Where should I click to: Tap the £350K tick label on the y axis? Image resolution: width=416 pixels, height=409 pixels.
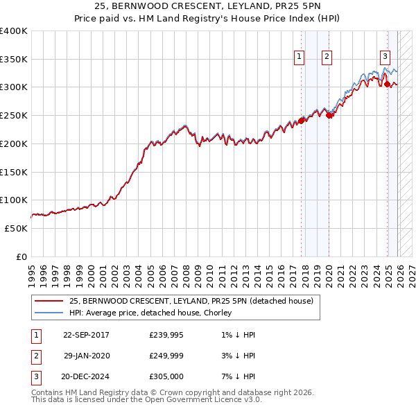pos(14,60)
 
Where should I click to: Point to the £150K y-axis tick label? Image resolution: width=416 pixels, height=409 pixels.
pos(14,172)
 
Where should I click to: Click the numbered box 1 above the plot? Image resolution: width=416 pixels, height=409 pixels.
pos(300,58)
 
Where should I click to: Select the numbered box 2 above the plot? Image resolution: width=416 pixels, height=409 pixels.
pos(327,58)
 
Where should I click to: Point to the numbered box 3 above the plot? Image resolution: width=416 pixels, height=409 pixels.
pos(385,58)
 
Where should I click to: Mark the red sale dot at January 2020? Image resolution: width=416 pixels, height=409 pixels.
pos(329,116)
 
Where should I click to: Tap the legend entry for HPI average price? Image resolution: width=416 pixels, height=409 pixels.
pos(150,313)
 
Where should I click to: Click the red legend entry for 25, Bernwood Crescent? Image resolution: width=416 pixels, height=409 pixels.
pos(191,301)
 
